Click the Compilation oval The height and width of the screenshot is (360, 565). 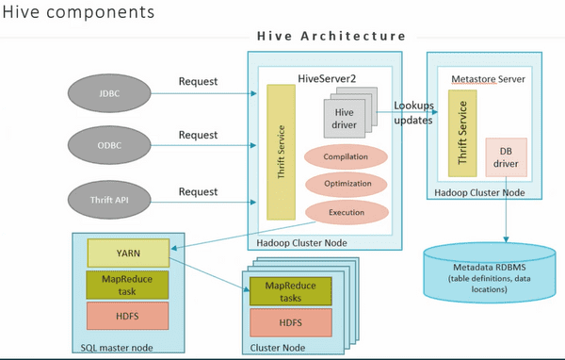click(x=345, y=156)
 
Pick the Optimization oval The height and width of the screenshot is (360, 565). click(x=345, y=184)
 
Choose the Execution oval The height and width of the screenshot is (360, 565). click(x=345, y=213)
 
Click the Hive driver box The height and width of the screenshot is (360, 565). click(x=344, y=121)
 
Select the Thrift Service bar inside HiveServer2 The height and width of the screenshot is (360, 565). click(x=282, y=152)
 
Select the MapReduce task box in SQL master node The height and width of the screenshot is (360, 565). click(x=127, y=284)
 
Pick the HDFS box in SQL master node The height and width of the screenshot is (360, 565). click(x=127, y=315)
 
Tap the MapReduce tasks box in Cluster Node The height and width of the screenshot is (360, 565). click(x=289, y=291)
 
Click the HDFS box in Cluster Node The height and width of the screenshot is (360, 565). click(x=289, y=323)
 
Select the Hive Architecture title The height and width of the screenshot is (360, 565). click(x=331, y=36)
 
